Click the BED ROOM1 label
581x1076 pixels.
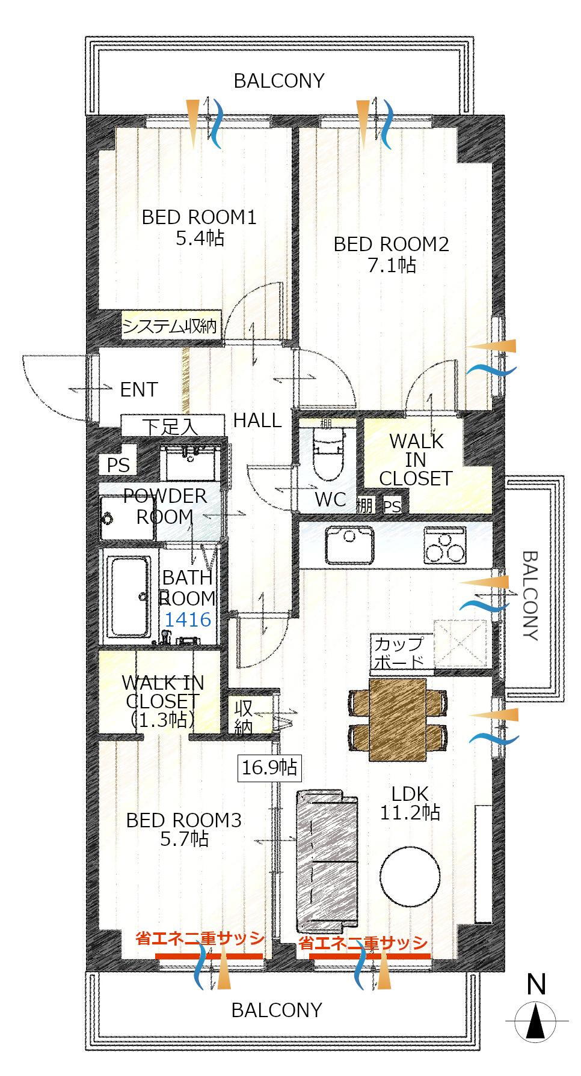pos(199,217)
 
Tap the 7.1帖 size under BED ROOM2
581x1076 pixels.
pos(392,265)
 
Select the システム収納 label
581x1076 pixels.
pos(170,326)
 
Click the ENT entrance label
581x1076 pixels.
pos(139,389)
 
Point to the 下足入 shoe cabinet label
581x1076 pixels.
pos(170,427)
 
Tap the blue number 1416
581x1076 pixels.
pos(188,619)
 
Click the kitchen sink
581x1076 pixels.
pos(349,545)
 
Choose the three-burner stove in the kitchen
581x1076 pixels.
pos(444,546)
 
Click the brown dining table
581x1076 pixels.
pos(398,719)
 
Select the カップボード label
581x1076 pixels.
pos(399,653)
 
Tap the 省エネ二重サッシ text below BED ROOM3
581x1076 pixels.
pos(200,938)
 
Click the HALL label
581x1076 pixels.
pos(257,421)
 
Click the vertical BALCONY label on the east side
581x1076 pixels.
pos(529,595)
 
